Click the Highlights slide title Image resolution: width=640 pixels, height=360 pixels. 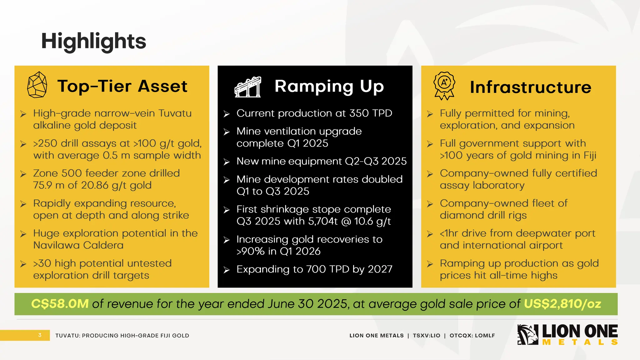click(93, 41)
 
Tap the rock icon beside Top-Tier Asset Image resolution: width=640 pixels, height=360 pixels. click(37, 85)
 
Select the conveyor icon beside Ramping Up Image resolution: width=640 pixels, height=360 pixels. click(248, 87)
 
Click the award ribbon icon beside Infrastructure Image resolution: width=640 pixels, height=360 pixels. click(444, 86)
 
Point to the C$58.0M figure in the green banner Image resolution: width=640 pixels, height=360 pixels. click(60, 304)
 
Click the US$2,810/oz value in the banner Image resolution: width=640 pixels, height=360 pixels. click(562, 304)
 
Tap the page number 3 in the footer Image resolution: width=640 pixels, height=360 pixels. click(40, 335)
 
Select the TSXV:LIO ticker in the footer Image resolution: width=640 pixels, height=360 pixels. click(426, 336)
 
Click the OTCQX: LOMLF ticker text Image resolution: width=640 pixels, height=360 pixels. click(472, 336)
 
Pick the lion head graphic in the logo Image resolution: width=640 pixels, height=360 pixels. click(527, 335)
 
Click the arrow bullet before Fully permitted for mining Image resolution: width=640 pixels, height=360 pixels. click(430, 114)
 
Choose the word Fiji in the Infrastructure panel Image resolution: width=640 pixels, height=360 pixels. click(590, 155)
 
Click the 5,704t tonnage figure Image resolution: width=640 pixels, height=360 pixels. click(322, 221)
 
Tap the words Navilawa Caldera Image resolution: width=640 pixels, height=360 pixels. click(78, 245)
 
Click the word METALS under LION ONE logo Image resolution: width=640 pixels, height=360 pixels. click(580, 342)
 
